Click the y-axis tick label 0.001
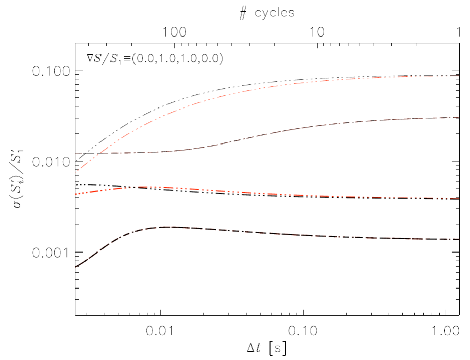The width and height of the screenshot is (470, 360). point(50,252)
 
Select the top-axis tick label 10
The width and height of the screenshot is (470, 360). point(318,32)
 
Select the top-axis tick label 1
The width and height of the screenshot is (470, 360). point(458,32)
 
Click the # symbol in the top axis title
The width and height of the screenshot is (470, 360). point(243,13)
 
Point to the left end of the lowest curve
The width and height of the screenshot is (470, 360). point(76,266)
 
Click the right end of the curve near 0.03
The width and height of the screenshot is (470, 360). point(458,117)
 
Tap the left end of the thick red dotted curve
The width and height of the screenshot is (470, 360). point(76,195)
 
